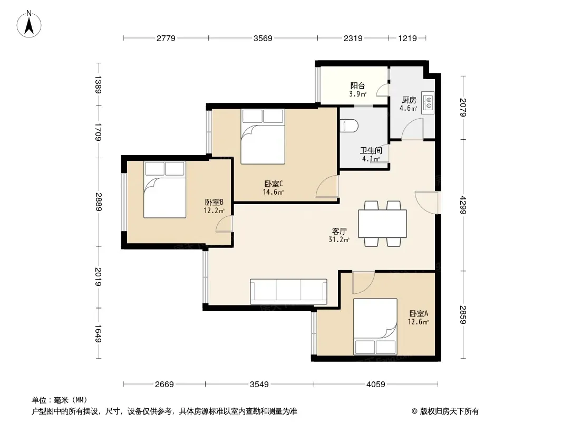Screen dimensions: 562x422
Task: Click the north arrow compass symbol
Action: pyautogui.click(x=29, y=24)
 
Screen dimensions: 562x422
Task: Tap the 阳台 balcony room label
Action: pyautogui.click(x=357, y=85)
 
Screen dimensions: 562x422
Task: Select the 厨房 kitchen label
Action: pyautogui.click(x=409, y=100)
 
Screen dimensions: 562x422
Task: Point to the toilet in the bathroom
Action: pyautogui.click(x=348, y=126)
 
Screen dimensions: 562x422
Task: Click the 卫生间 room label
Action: pyautogui.click(x=371, y=150)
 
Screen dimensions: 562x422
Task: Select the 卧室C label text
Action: pyautogui.click(x=274, y=184)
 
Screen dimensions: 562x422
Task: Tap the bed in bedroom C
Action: pyautogui.click(x=263, y=137)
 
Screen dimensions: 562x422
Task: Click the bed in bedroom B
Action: pyautogui.click(x=164, y=190)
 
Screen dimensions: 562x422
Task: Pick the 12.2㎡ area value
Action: pyautogui.click(x=214, y=211)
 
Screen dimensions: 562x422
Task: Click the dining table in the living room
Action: pyautogui.click(x=382, y=223)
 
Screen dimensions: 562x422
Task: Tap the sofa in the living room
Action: pyautogui.click(x=288, y=291)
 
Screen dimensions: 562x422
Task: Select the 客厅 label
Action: pyautogui.click(x=339, y=231)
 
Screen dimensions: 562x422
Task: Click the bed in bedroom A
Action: pyautogui.click(x=375, y=327)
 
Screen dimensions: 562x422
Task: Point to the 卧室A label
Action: pyautogui.click(x=419, y=314)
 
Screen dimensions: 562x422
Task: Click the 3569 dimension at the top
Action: pyautogui.click(x=263, y=38)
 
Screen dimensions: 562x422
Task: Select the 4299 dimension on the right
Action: pyautogui.click(x=463, y=205)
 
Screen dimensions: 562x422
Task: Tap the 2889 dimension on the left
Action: pyautogui.click(x=99, y=202)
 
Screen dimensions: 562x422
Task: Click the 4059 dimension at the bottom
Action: pyautogui.click(x=375, y=385)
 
